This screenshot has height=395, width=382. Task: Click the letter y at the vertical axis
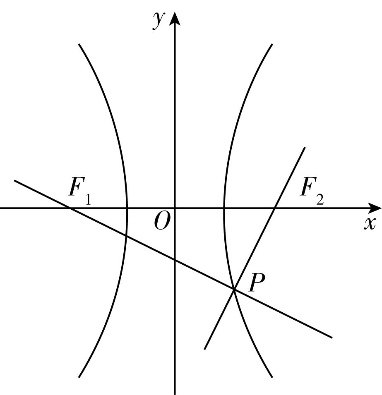pos(159,21)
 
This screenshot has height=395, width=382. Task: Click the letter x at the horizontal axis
pos(370,223)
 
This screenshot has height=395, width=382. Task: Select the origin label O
pos(161,221)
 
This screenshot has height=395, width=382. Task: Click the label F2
pos(312,191)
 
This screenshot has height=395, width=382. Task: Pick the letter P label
pos(257,282)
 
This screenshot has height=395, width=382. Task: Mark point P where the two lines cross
pos(234,290)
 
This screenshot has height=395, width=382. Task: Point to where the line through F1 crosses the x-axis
pos(70,208)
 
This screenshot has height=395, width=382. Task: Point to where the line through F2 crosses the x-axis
pos(275,208)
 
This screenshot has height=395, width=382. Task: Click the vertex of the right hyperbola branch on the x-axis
pos(223,208)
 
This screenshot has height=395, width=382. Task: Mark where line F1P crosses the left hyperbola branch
pos(126,236)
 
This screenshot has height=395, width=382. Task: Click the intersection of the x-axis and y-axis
pos(175,208)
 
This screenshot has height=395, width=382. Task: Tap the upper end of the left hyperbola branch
pos(79,44)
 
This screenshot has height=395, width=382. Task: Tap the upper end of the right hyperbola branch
pos(272,44)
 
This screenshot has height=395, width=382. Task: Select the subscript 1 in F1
pos(88,199)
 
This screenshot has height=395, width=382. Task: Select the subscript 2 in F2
pos(320,199)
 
